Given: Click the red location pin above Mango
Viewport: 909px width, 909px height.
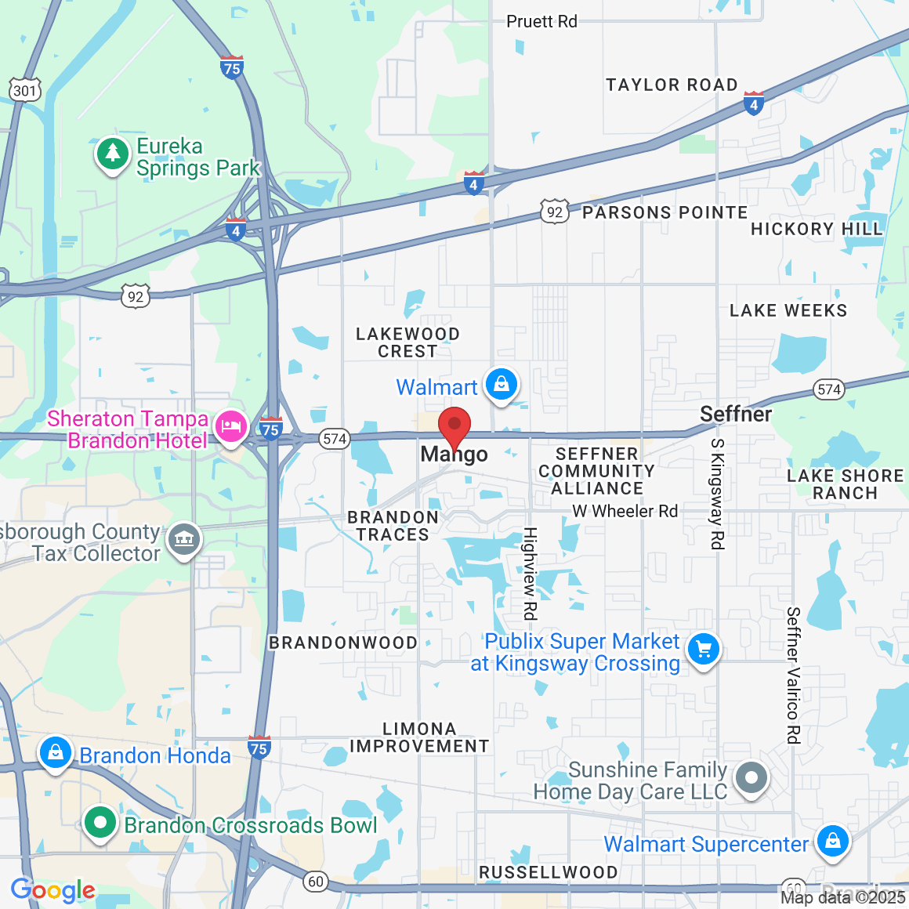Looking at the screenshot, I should tap(454, 426).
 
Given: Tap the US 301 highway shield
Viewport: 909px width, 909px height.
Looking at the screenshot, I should tap(25, 91).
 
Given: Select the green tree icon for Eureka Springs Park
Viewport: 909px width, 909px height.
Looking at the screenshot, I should tap(113, 154).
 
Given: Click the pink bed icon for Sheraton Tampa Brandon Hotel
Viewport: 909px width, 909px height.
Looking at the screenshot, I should tap(230, 427).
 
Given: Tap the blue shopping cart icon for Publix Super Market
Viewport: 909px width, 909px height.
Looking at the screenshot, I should tap(703, 650).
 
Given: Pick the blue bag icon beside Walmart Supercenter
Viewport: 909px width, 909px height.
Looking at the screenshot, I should tap(832, 842).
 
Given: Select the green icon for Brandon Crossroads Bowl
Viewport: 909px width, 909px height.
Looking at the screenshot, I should tap(100, 823).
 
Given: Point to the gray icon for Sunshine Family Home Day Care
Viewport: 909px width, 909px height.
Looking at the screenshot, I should tap(751, 778).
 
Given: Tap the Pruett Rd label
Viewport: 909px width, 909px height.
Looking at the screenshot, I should tap(541, 22).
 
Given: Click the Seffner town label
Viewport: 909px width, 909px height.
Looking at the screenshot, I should tap(736, 414).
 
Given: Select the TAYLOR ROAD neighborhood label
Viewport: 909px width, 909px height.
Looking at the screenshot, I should tap(672, 85).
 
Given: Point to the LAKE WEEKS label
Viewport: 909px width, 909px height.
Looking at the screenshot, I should tap(788, 311).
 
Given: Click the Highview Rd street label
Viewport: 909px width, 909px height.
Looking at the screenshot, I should tap(531, 574).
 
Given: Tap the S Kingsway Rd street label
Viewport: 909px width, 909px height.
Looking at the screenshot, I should tap(717, 494).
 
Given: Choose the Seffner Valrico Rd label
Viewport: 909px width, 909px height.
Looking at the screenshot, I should tap(793, 675).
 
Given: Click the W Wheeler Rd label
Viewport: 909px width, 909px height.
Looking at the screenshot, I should tap(625, 512).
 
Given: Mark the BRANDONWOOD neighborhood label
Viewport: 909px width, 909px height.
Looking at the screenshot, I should tap(342, 643).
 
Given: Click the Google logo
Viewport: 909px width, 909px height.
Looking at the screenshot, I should tap(53, 890).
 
